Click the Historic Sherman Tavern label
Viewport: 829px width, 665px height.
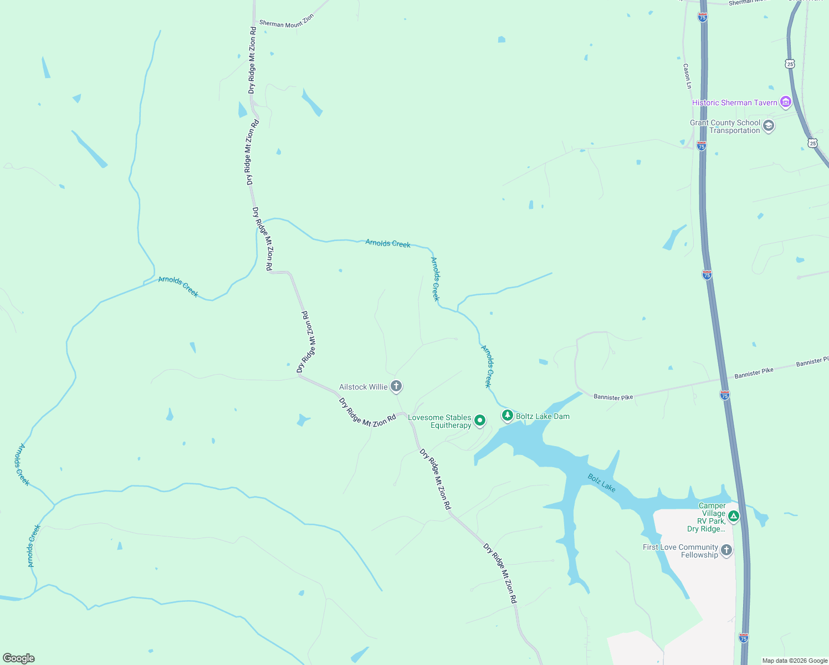pyautogui.click(x=734, y=103)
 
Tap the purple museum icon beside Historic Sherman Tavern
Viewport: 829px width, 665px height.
pyautogui.click(x=785, y=102)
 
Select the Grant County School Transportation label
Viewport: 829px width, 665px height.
pyautogui.click(x=725, y=126)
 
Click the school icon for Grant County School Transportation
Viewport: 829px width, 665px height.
pyautogui.click(x=769, y=126)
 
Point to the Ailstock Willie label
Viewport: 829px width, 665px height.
pyautogui.click(x=363, y=387)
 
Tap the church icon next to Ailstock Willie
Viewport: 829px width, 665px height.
pyautogui.click(x=396, y=386)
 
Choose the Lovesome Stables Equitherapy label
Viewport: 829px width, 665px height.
pyautogui.click(x=439, y=421)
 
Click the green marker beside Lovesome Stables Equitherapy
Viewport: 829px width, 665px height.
pyautogui.click(x=480, y=421)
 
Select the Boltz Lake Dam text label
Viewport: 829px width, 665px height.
pyautogui.click(x=543, y=416)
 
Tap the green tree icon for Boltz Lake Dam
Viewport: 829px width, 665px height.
pyautogui.click(x=507, y=415)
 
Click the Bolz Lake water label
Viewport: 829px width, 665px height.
pyautogui.click(x=601, y=483)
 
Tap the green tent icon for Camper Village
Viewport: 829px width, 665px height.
pyautogui.click(x=734, y=516)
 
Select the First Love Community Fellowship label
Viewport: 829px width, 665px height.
pyautogui.click(x=680, y=551)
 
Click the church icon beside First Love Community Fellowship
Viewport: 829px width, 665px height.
pyautogui.click(x=726, y=550)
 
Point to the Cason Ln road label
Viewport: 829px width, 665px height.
pyautogui.click(x=687, y=76)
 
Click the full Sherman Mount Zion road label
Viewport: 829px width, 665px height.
pyautogui.click(x=286, y=21)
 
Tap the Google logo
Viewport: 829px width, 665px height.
pyautogui.click(x=19, y=658)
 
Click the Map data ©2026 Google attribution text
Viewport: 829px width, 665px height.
pyautogui.click(x=794, y=661)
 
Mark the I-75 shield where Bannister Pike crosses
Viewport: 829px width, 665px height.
pyautogui.click(x=725, y=395)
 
